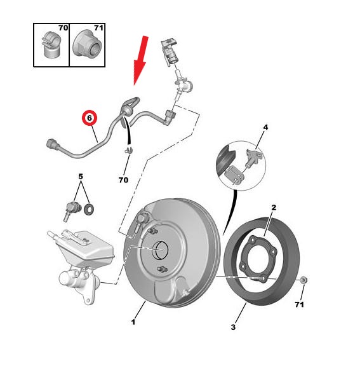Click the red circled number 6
point(90,118)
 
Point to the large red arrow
point(141,60)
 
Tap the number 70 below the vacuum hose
point(124,180)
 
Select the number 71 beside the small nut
point(299,304)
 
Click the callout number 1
point(133,322)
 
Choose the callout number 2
point(274,207)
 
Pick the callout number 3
point(233,327)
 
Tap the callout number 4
point(265,127)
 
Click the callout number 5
point(81,176)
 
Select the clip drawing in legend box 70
point(51,44)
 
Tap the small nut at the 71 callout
point(303,280)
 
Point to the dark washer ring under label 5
point(89,209)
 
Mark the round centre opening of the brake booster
point(160,250)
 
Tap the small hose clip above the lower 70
point(129,150)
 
